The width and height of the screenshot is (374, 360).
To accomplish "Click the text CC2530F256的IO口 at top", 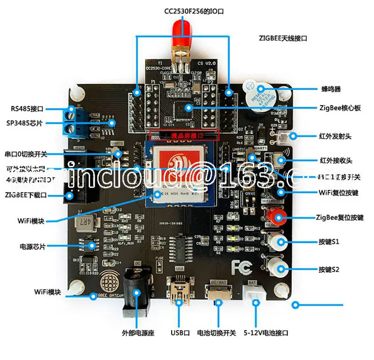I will pyautogui.click(x=194, y=11).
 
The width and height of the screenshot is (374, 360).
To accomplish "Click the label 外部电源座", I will pyautogui.click(x=138, y=333).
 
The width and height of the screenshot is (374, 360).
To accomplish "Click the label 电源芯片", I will pyautogui.click(x=32, y=246).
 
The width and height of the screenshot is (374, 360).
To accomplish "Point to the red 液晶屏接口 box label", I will pyautogui.click(x=185, y=135).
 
